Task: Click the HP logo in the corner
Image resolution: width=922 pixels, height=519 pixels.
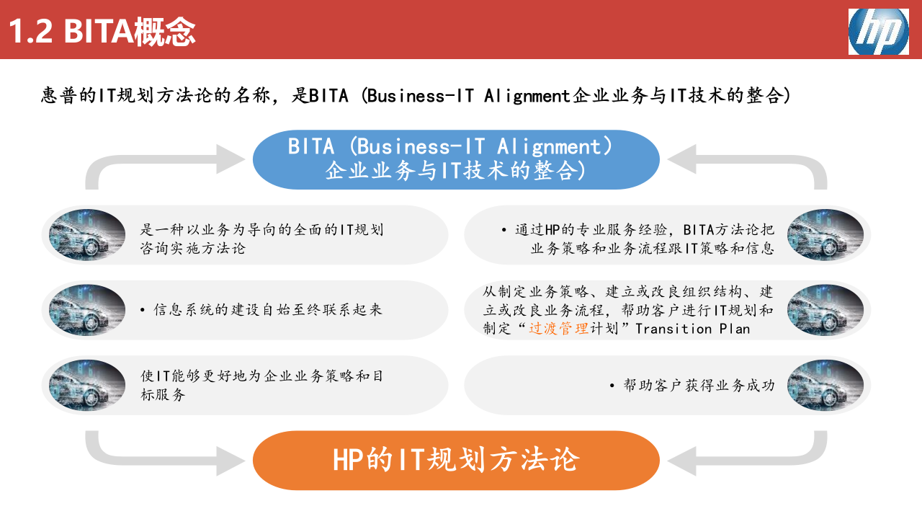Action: coord(878,32)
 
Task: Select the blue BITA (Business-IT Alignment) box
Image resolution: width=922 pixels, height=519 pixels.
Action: coord(456,159)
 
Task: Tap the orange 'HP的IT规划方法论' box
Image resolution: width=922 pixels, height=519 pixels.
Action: coord(456,460)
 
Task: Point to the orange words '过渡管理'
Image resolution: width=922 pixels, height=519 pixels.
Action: coord(559,329)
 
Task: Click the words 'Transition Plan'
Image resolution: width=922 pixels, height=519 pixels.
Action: coord(692,329)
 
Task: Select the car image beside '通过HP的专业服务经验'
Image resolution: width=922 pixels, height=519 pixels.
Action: coord(825,234)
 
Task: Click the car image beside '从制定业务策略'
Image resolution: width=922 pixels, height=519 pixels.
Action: coord(825,310)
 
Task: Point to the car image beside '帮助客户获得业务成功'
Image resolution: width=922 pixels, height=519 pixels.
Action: coord(825,385)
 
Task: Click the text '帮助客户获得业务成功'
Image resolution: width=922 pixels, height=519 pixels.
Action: coord(699,386)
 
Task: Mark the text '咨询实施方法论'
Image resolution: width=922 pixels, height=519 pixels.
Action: coord(192,249)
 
